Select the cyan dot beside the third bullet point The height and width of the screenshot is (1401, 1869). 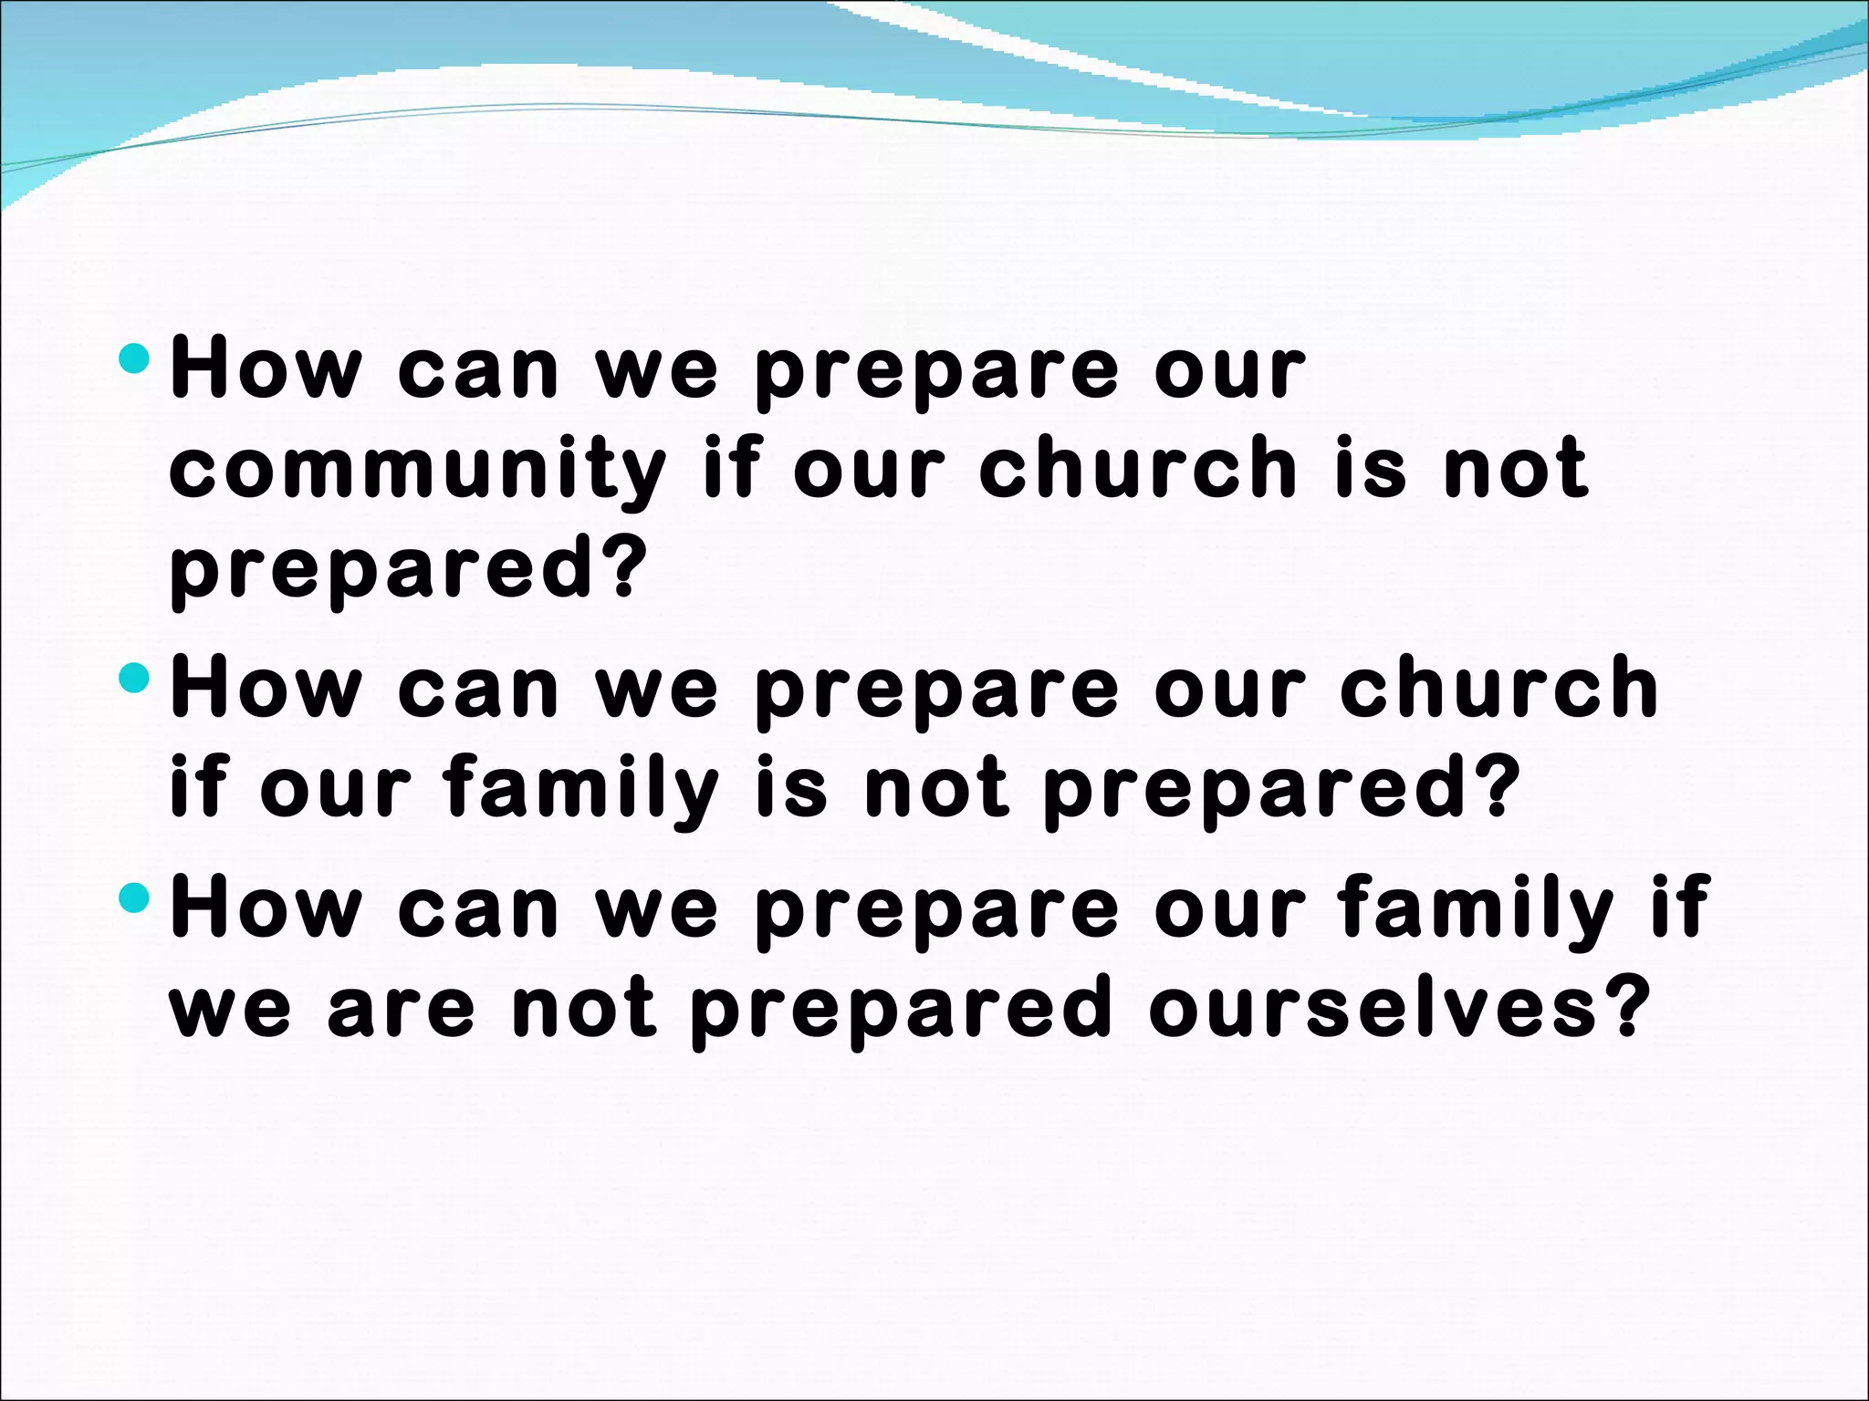click(x=134, y=898)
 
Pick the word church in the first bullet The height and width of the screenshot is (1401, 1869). click(x=1138, y=469)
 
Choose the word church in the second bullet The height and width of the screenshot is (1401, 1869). click(x=1498, y=690)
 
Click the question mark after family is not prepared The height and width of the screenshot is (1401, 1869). click(x=1497, y=786)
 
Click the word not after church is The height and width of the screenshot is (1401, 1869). click(x=1516, y=469)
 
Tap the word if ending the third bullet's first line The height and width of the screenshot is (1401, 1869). click(x=1680, y=907)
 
